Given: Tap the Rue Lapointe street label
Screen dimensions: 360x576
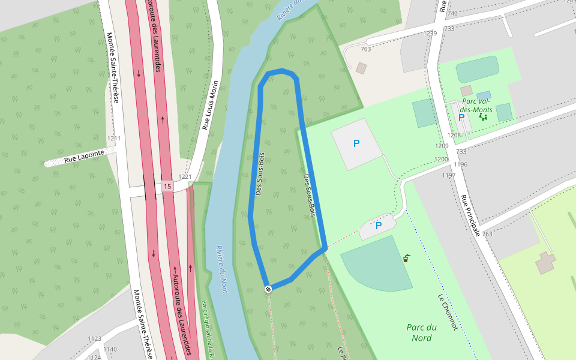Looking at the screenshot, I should pyautogui.click(x=84, y=156).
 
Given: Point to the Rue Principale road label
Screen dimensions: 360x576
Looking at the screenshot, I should pyautogui.click(x=471, y=214).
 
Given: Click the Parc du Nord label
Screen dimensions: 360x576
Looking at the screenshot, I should pyautogui.click(x=422, y=332).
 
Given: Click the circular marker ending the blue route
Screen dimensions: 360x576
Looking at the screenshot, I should pyautogui.click(x=268, y=289).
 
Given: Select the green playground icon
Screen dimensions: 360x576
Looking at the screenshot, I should pyautogui.click(x=483, y=117).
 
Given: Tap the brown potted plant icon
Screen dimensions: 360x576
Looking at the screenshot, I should pyautogui.click(x=406, y=259).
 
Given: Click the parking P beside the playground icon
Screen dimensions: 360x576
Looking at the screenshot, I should pyautogui.click(x=461, y=118).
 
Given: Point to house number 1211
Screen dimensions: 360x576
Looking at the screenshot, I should pyautogui.click(x=114, y=139).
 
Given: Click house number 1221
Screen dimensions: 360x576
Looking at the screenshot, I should pyautogui.click(x=185, y=177).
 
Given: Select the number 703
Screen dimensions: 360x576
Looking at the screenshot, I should pyautogui.click(x=366, y=49).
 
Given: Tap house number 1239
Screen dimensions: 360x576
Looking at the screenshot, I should pyautogui.click(x=430, y=33).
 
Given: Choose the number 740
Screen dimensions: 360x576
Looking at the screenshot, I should pyautogui.click(x=452, y=13).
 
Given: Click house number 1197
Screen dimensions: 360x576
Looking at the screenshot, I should pyautogui.click(x=449, y=175).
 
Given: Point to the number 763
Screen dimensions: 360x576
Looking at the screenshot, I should pyautogui.click(x=487, y=234).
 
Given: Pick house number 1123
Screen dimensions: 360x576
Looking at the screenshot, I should pyautogui.click(x=95, y=339).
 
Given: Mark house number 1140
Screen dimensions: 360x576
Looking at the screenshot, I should pyautogui.click(x=110, y=349).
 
